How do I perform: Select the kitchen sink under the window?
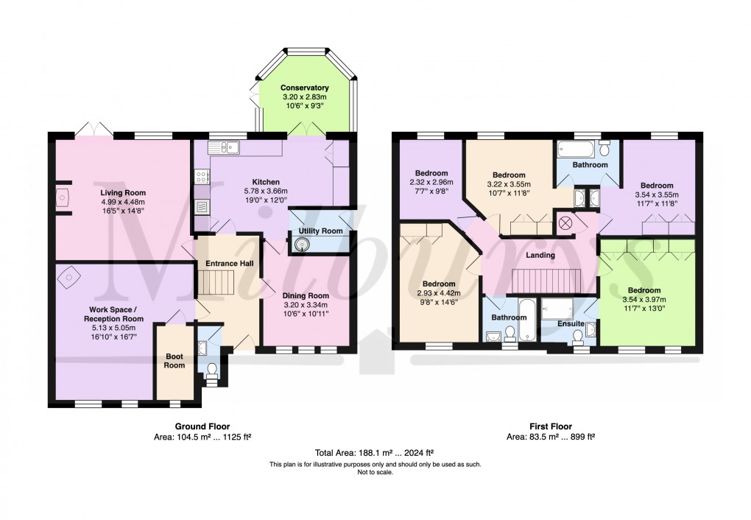[x=229, y=147]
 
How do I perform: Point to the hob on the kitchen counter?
[x=201, y=177]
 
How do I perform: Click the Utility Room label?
[x=320, y=231]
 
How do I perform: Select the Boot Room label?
[x=174, y=360]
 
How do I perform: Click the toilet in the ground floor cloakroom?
[x=212, y=369]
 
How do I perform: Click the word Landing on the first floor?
[x=540, y=255]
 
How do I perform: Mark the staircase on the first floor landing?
[x=545, y=280]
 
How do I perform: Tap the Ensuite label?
[x=571, y=323]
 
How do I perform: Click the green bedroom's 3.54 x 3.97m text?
[x=644, y=300]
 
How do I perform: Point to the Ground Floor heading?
[x=202, y=426]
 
